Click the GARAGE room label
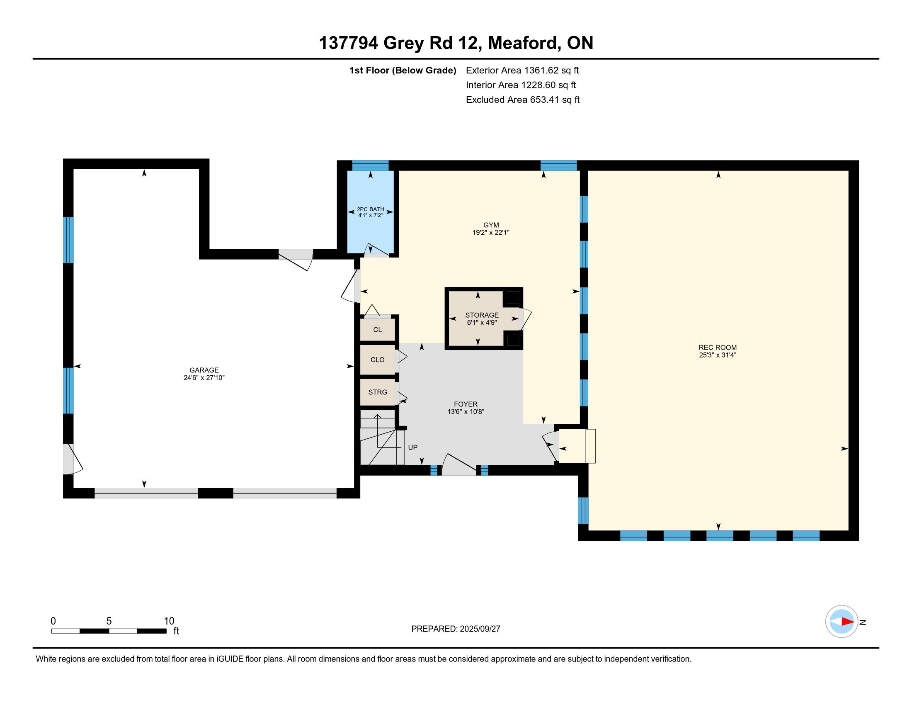(204, 370)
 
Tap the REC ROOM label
(718, 347)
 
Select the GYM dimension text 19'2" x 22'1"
(491, 233)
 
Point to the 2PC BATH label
(370, 209)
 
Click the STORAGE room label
(482, 315)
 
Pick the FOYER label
(466, 404)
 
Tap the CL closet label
(378, 330)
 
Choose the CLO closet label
(378, 360)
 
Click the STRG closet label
(378, 392)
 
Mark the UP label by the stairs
(412, 447)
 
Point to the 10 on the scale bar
(169, 621)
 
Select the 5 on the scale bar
(109, 621)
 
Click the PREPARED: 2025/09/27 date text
(456, 629)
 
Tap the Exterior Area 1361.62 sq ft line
(522, 70)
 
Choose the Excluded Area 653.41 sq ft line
(523, 100)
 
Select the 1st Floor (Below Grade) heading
(403, 70)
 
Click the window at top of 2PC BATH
(370, 165)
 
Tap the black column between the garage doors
(216, 493)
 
